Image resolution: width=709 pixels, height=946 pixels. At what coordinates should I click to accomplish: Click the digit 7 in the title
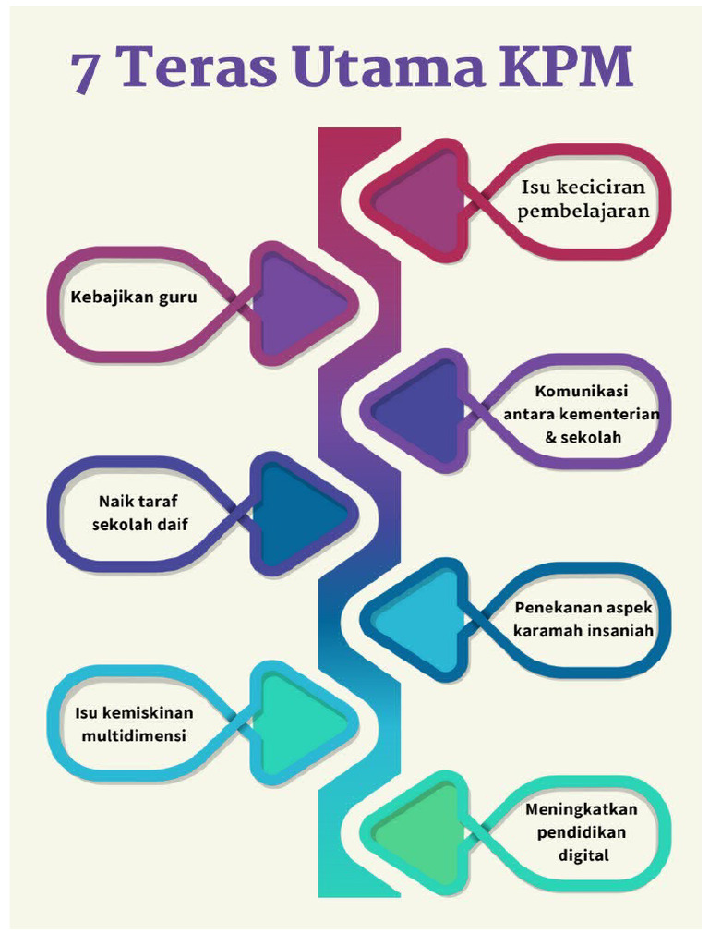coord(88,71)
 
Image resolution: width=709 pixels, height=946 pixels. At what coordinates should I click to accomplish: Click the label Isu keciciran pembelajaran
coord(583,199)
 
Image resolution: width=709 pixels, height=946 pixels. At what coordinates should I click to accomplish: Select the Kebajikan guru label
coord(134,297)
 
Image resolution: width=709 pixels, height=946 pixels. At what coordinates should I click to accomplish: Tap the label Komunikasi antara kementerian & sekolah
coord(582,414)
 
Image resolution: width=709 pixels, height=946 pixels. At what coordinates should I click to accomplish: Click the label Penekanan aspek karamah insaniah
coord(583,620)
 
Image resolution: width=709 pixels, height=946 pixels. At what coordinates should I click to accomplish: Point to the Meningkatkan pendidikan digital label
coord(583,831)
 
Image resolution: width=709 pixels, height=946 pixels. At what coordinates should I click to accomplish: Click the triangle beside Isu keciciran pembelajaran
coord(420,200)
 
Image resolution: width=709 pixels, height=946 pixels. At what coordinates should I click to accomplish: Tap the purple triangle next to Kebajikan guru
coord(296,303)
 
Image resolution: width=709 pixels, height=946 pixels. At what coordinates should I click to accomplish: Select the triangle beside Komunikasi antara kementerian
coord(420,409)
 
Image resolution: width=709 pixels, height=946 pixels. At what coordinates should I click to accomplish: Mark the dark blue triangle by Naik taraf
coord(296,513)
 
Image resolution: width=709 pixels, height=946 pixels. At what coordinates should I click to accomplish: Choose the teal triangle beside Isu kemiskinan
coord(296,723)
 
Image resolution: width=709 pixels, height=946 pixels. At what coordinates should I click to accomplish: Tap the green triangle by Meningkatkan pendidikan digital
coord(420,830)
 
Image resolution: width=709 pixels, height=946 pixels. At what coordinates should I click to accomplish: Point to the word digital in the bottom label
coord(583,855)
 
